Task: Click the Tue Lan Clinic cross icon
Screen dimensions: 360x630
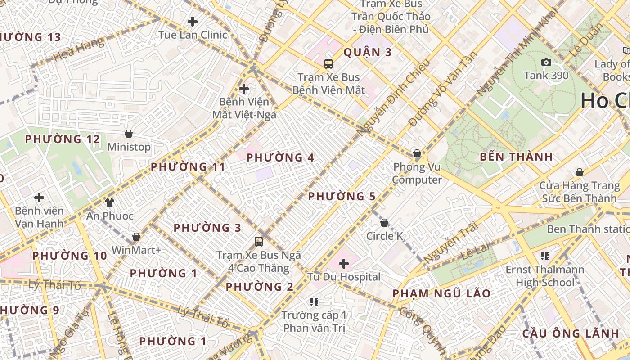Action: pyautogui.click(x=193, y=21)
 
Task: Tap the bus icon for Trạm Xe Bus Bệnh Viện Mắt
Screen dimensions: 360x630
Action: pyautogui.click(x=328, y=64)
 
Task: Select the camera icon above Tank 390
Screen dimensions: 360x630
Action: pyautogui.click(x=546, y=63)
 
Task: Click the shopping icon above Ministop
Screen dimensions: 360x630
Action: pyautogui.click(x=129, y=134)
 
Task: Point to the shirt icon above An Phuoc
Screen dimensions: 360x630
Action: pyautogui.click(x=110, y=202)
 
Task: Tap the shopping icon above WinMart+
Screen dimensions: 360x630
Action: pyautogui.click(x=136, y=237)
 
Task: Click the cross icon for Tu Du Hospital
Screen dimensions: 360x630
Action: pyautogui.click(x=344, y=263)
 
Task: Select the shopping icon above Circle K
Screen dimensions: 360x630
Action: pyautogui.click(x=384, y=223)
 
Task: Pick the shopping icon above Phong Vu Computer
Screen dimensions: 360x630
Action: pyautogui.click(x=417, y=153)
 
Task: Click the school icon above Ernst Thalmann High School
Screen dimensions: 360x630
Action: pyautogui.click(x=545, y=256)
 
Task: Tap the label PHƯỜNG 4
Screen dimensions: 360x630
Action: pyautogui.click(x=280, y=158)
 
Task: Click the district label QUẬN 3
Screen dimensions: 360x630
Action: pyautogui.click(x=368, y=53)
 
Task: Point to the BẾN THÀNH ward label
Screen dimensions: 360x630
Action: pyautogui.click(x=516, y=157)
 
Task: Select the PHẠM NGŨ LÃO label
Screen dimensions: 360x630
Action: pyautogui.click(x=441, y=294)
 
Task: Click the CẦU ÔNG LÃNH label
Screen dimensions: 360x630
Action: pyautogui.click(x=571, y=333)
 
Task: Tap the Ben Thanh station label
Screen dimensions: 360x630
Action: pyautogui.click(x=588, y=229)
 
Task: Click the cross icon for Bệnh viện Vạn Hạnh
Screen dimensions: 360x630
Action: pyautogui.click(x=39, y=197)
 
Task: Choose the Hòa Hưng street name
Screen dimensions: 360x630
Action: pyautogui.click(x=79, y=50)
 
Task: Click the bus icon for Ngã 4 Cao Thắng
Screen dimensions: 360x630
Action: pyautogui.click(x=259, y=242)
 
